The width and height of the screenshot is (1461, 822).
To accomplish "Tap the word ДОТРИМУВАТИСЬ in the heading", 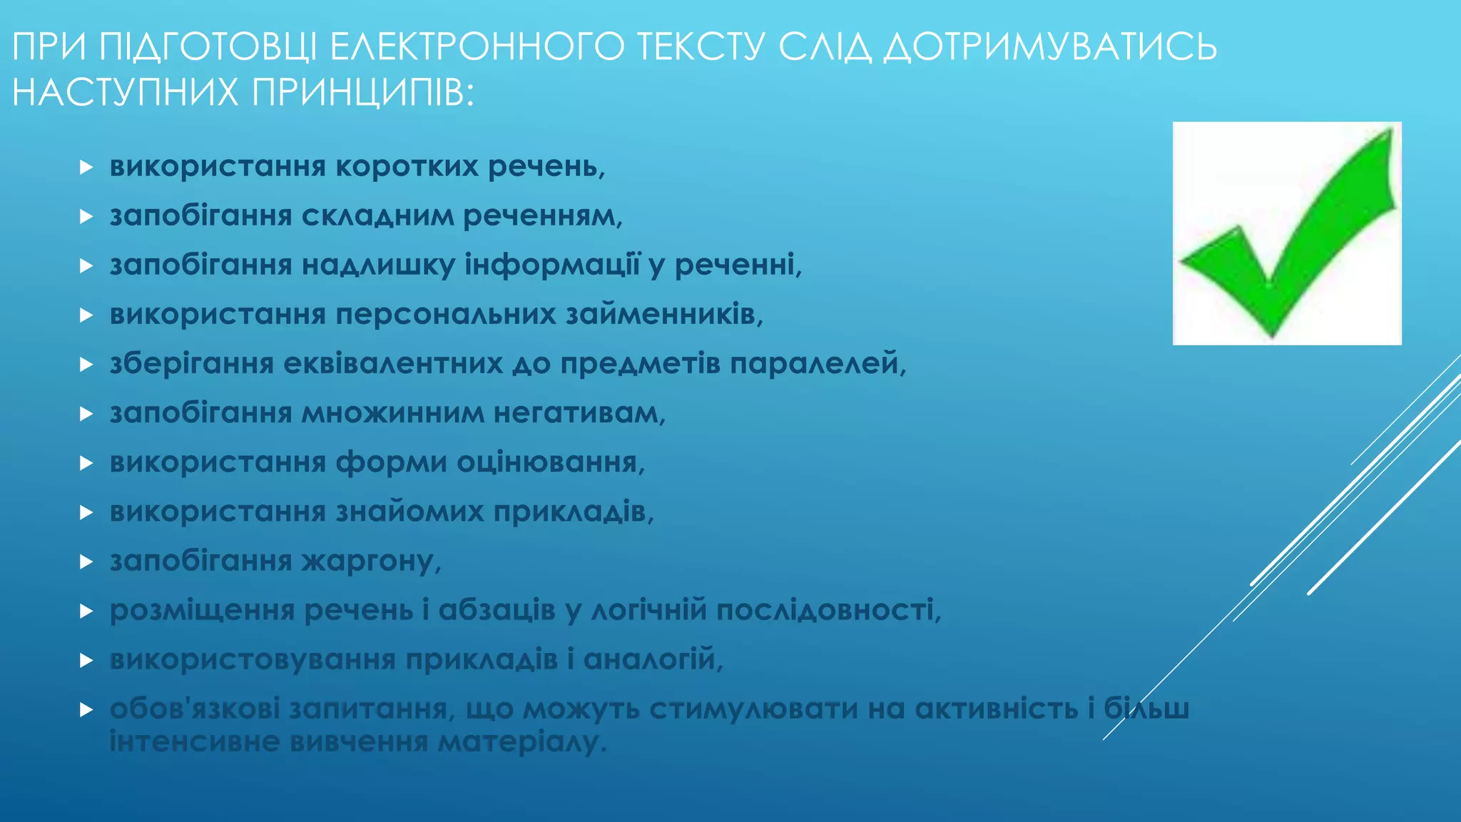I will [1049, 47].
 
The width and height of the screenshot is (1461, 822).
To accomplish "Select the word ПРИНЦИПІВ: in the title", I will [363, 93].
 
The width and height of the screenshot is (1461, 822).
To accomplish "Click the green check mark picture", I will [1286, 233].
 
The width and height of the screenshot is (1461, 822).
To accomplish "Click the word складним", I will [377, 216].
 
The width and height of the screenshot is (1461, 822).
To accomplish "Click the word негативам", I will [579, 413].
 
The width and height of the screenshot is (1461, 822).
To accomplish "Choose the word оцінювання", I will [550, 462].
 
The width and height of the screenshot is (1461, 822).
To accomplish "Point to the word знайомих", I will [409, 512].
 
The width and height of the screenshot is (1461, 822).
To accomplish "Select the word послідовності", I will [828, 610].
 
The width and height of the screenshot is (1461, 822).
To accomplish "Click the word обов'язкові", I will [195, 709].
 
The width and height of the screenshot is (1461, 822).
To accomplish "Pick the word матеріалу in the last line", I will [521, 742].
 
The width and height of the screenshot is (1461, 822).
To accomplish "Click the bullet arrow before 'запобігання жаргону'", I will [86, 562].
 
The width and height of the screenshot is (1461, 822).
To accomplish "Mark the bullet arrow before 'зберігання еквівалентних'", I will [86, 365].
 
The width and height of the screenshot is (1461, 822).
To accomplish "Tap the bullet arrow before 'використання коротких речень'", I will [86, 168].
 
